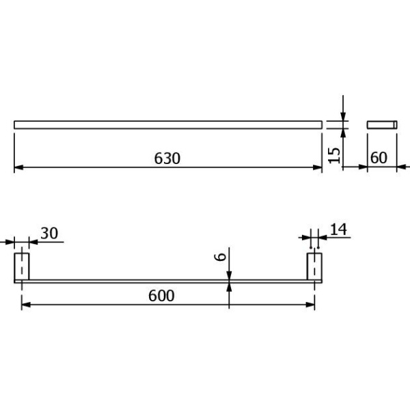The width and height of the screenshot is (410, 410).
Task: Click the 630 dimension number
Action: pyautogui.click(x=167, y=159)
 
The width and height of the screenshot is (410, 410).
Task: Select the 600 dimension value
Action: pyautogui.click(x=161, y=296)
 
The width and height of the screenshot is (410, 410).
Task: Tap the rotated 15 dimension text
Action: pyautogui.click(x=334, y=155)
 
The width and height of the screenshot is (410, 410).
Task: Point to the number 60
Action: pyautogui.click(x=379, y=158)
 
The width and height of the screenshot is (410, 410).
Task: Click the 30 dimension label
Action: pyautogui.click(x=49, y=233)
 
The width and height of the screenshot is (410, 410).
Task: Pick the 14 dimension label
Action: pyautogui.click(x=339, y=230)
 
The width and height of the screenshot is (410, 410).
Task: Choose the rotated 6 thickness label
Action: pyautogui.click(x=220, y=257)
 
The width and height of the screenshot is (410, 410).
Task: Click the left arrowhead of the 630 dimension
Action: pyautogui.click(x=18, y=167)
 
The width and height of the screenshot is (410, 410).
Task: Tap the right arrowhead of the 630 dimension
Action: pyautogui.click(x=318, y=167)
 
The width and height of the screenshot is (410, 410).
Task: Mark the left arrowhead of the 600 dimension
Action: pyautogui.click(x=26, y=305)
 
